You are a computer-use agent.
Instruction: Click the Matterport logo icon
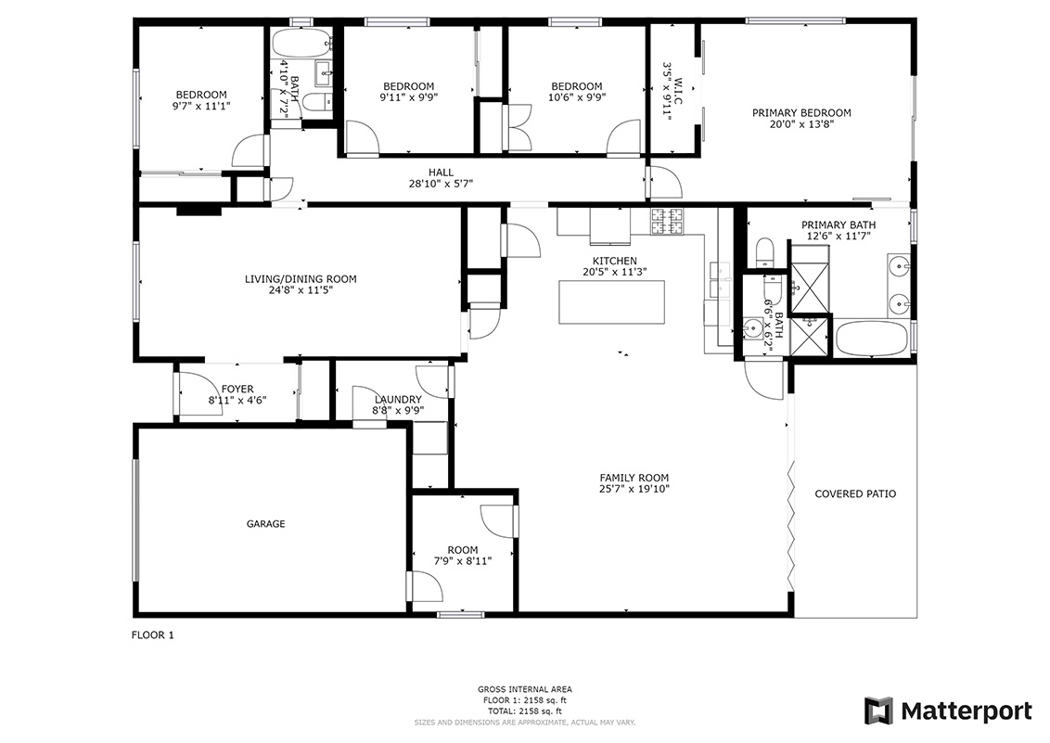(x=878, y=711)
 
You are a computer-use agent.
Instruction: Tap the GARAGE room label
(x=266, y=524)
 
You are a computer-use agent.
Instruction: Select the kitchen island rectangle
(x=612, y=302)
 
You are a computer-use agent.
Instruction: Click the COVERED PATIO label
(x=855, y=494)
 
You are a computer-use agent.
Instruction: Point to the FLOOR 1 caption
(x=153, y=635)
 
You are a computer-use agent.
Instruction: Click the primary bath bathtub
(x=871, y=338)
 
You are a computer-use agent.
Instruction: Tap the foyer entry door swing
(x=199, y=394)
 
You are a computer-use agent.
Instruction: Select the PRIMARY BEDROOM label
(x=801, y=113)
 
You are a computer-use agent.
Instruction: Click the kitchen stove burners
(x=668, y=222)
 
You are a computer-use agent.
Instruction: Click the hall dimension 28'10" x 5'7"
(x=442, y=184)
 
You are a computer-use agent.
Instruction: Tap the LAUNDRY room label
(x=399, y=400)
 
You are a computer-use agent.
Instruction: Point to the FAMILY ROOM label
(x=634, y=478)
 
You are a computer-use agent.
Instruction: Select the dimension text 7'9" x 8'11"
(x=463, y=561)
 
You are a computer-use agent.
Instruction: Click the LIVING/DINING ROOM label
(x=301, y=279)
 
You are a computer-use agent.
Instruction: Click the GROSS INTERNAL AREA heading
(x=525, y=689)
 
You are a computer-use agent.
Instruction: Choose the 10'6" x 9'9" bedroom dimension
(x=577, y=97)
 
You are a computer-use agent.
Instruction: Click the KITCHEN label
(x=615, y=261)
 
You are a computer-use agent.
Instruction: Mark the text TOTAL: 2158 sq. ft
(x=525, y=711)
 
